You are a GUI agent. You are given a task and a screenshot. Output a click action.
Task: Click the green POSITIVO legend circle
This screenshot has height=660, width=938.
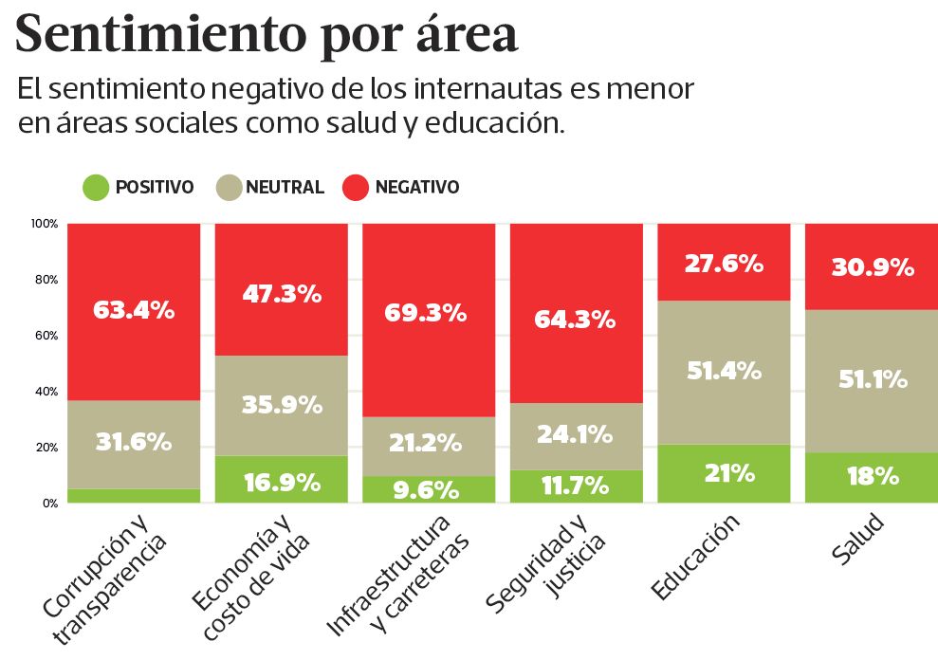pos(96,188)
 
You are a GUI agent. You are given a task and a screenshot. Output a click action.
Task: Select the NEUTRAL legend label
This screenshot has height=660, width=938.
pos(285,188)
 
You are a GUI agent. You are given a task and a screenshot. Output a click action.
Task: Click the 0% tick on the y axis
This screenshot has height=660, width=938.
pos(49,504)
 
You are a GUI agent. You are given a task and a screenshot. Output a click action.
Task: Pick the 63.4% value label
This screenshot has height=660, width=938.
pos(134,309)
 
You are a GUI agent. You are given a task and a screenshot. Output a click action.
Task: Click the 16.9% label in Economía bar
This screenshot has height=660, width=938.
pos(281,483)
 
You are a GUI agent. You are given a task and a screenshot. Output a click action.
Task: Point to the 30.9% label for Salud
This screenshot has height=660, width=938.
pos(872,268)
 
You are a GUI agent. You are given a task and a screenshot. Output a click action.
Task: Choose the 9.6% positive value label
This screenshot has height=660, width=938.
pos(428,489)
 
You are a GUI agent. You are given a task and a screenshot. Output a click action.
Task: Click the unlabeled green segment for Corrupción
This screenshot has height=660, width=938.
pos(134,496)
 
